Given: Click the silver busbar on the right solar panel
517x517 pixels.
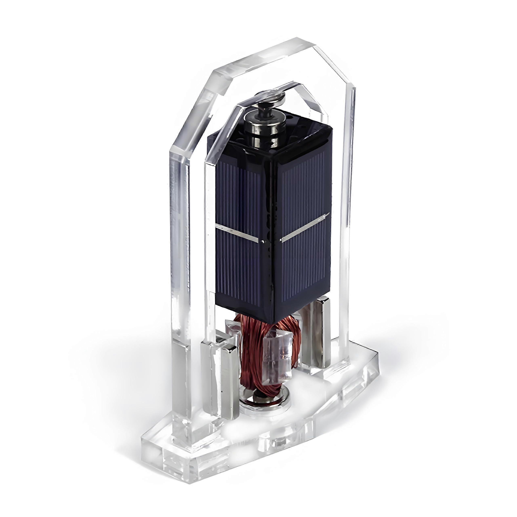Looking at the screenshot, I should (305, 226).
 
